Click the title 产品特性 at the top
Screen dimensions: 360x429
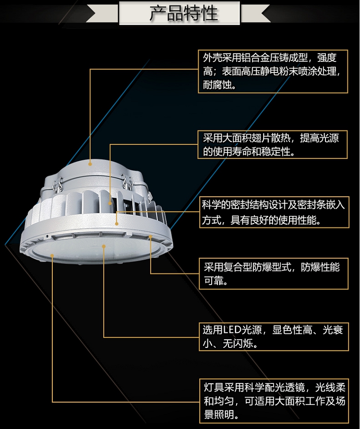[x=183, y=13]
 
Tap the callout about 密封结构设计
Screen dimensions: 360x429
[x=273, y=212]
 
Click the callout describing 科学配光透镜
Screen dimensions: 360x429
[x=274, y=401]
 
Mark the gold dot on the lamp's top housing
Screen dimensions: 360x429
[x=90, y=164]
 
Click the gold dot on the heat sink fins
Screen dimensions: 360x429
[x=110, y=203]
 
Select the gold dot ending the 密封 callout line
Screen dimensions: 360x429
[x=117, y=224]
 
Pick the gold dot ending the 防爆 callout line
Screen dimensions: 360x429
[x=150, y=237]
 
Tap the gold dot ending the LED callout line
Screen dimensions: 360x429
[x=104, y=247]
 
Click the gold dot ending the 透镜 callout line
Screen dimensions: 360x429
[x=52, y=256]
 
